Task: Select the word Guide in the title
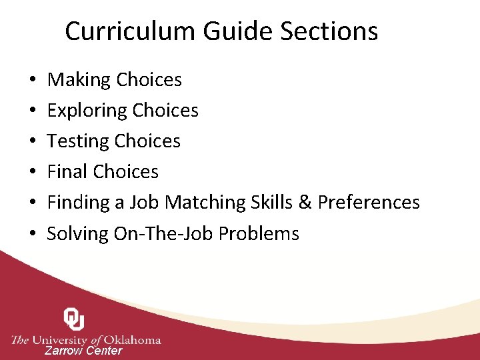click(x=228, y=31)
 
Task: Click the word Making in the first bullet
click(x=79, y=80)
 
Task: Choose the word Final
click(x=67, y=172)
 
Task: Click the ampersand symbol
click(x=307, y=203)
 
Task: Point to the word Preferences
click(x=369, y=203)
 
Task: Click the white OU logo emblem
click(x=74, y=319)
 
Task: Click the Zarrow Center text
click(x=83, y=351)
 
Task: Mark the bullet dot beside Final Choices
click(x=33, y=173)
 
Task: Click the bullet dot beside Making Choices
click(x=33, y=81)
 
